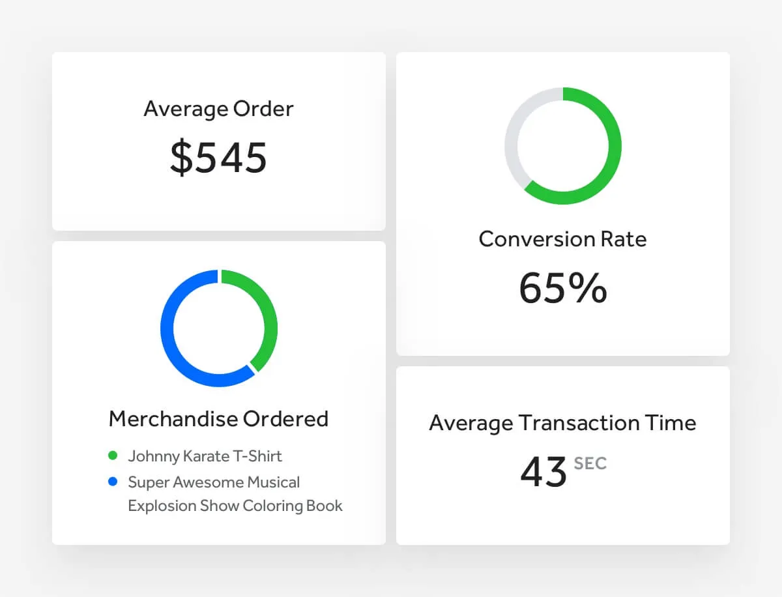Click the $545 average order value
[218, 158]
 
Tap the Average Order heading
[218, 109]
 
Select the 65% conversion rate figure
[562, 288]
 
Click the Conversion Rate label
[562, 239]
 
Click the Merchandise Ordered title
[218, 418]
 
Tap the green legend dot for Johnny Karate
[113, 456]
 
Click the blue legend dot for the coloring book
[113, 482]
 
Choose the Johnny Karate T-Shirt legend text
[205, 456]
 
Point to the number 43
[543, 472]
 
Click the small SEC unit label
[590, 464]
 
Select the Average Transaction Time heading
[562, 423]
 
